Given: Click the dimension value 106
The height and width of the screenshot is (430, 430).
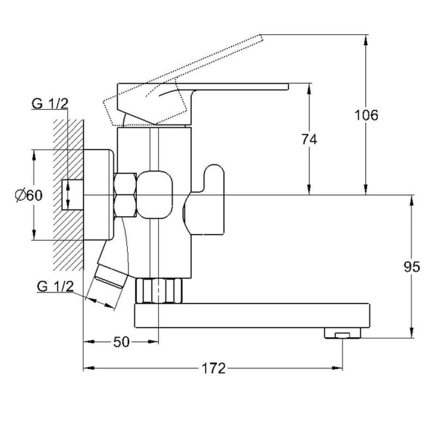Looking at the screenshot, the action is tap(366, 115).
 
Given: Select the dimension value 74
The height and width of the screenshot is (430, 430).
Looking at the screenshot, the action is tap(310, 140).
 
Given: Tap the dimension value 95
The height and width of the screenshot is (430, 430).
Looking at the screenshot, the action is tap(411, 267).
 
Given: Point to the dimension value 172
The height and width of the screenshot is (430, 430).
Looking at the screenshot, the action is tap(214, 368).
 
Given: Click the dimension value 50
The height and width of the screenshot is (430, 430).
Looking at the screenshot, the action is tap(121, 342).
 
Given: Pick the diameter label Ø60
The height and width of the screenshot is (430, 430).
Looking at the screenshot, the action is tap(29, 195).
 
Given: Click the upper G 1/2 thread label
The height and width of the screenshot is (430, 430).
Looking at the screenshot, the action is tap(50, 103).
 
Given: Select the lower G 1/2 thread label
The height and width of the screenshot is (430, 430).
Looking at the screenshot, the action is tap(56, 286).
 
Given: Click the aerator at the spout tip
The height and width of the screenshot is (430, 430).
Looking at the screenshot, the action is tap(343, 333).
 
